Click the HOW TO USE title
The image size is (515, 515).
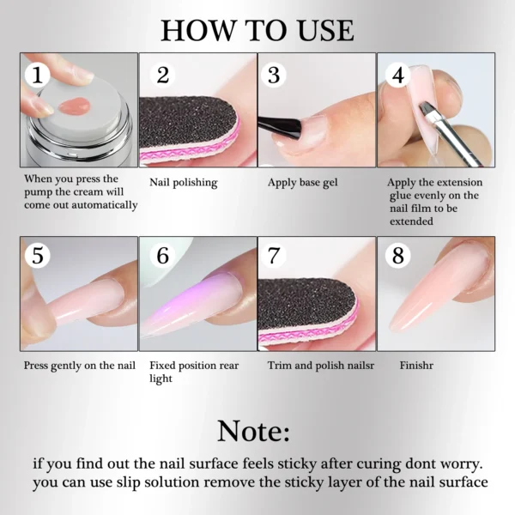coord(257,30)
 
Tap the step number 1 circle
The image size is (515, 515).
coord(36,75)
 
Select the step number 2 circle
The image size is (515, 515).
coord(162,75)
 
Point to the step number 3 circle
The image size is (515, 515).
coord(274,75)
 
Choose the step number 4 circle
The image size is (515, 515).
coord(397,75)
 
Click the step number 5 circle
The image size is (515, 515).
coord(37,256)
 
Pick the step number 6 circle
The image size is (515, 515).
coord(162,256)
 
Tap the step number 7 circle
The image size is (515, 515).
coord(274,256)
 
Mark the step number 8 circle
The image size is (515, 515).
coord(397,256)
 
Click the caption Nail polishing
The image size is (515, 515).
coord(183,183)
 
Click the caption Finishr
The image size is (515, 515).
coord(418,365)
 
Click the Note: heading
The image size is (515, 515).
coord(257,429)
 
